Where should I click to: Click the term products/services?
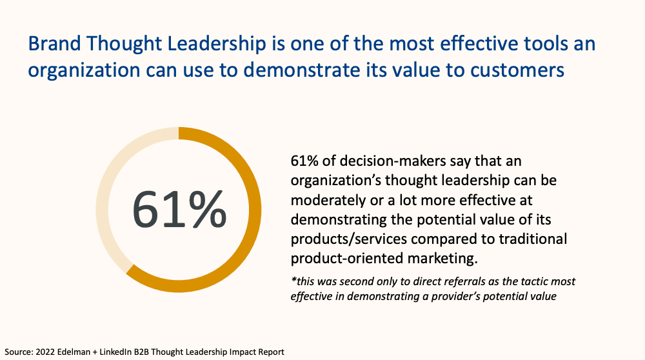click(x=342, y=239)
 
